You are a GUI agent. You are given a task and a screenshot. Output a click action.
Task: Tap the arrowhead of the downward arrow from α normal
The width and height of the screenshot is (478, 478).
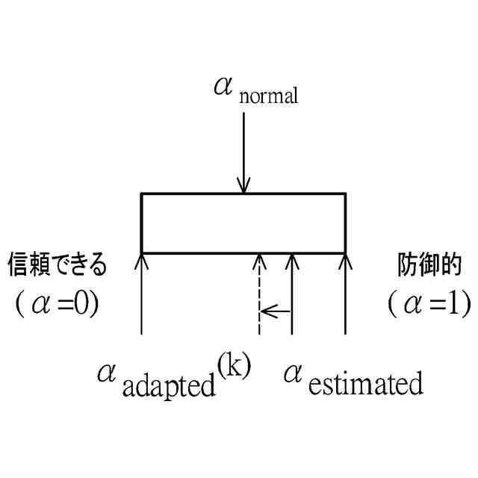243,186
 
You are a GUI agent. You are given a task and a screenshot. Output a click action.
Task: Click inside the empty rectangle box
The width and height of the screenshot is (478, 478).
243,223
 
